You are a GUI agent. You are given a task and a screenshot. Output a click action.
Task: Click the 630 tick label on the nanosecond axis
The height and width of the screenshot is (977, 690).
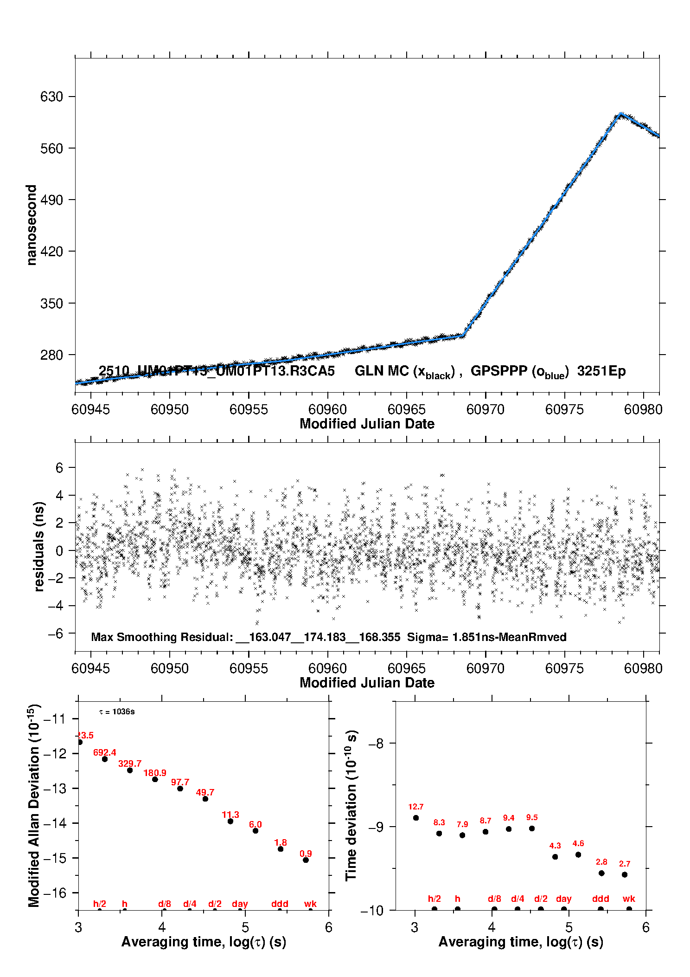(51, 97)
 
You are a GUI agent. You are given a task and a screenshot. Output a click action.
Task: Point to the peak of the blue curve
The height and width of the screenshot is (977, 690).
(620, 114)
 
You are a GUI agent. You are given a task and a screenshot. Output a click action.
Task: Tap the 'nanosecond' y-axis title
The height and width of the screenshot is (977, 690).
(31, 225)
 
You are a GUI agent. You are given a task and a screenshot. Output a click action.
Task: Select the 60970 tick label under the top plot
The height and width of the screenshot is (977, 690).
(485, 409)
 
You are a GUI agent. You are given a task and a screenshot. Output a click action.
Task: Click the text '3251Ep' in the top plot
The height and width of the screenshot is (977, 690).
(601, 371)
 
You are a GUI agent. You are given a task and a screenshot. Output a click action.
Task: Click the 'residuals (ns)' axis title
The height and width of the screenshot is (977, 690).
(39, 546)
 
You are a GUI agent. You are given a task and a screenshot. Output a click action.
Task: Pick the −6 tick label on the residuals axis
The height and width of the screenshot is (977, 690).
(55, 634)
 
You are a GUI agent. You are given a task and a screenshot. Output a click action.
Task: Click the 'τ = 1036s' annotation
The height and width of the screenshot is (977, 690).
(117, 712)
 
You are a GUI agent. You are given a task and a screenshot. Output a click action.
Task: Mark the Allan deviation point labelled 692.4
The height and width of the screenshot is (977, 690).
(105, 759)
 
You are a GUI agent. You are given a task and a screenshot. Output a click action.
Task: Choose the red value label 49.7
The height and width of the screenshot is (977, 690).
(205, 792)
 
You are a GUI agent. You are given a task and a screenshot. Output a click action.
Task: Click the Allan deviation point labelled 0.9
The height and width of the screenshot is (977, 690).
(306, 860)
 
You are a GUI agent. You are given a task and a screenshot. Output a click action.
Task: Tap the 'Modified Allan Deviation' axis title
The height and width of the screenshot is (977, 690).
(34, 806)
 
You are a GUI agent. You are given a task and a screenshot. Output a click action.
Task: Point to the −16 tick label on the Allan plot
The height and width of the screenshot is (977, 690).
(54, 893)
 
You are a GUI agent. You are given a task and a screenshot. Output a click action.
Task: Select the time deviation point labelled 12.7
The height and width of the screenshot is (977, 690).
(416, 818)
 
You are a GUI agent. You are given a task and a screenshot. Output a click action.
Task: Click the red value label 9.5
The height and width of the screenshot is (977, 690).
(532, 817)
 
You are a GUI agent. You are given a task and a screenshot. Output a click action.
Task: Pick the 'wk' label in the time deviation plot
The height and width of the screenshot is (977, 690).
(629, 899)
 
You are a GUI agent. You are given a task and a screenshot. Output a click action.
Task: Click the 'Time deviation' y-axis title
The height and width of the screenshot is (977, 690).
(351, 806)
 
